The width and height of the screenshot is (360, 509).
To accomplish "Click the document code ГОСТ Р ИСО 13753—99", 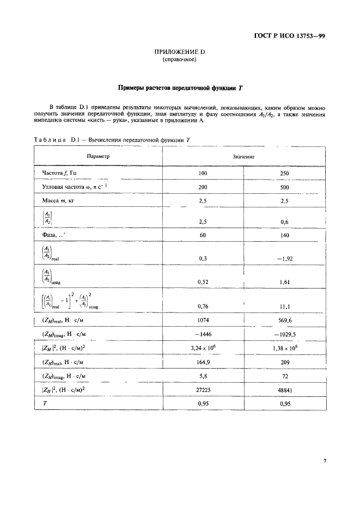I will (290, 37).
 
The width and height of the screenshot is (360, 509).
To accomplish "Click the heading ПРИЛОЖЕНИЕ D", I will (179, 52).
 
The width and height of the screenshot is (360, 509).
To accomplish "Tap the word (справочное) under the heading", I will (179, 60).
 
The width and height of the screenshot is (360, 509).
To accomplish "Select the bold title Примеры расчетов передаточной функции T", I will (179, 88).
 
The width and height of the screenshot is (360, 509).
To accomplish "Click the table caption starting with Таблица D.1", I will (112, 140).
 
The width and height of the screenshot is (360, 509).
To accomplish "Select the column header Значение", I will (244, 156).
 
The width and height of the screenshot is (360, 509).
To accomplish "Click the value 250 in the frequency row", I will (284, 174).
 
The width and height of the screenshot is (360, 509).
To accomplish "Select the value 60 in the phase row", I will (203, 236).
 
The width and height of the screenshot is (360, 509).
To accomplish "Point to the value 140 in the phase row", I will (284, 236).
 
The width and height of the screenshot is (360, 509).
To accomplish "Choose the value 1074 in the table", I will (203, 320).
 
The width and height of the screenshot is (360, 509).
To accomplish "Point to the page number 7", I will (325, 461).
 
